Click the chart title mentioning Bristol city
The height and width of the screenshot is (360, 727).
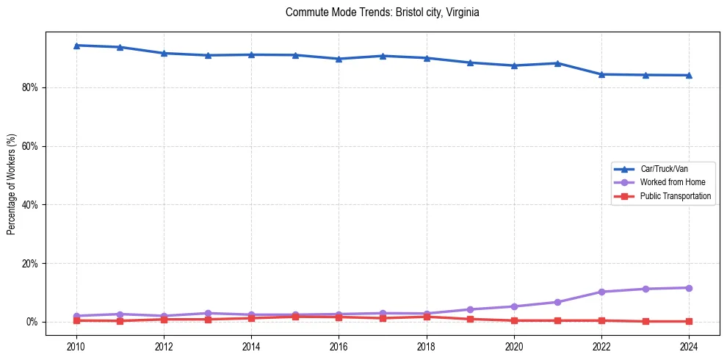click(382, 12)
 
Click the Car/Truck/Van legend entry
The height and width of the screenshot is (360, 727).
click(663, 169)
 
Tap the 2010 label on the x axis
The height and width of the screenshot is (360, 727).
click(76, 346)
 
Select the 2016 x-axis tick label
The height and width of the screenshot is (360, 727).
click(339, 346)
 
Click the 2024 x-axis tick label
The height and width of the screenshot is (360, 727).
click(689, 346)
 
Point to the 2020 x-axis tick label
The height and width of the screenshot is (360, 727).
click(514, 346)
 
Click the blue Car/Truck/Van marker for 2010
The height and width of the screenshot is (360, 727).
click(76, 46)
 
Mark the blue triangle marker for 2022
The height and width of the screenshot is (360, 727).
click(601, 74)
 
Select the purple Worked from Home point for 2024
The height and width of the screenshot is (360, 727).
click(689, 288)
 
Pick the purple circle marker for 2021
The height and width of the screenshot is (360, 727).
click(557, 302)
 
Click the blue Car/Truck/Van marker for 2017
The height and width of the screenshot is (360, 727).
click(383, 56)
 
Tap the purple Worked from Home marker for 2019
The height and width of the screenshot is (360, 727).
click(470, 309)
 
